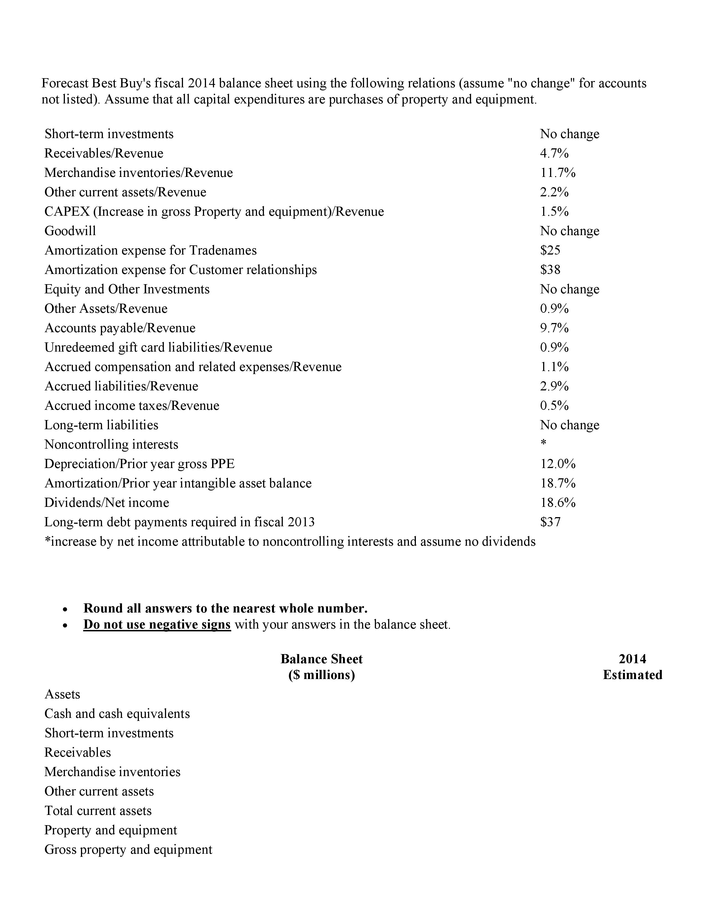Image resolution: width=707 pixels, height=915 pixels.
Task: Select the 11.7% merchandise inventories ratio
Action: point(558,173)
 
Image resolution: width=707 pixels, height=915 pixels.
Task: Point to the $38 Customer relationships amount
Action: point(550,270)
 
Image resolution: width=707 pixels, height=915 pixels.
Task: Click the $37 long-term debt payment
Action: point(550,522)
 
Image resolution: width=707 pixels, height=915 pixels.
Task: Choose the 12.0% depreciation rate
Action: point(558,464)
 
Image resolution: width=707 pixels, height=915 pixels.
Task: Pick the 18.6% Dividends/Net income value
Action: point(558,502)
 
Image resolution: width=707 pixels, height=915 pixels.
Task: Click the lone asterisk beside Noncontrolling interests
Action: point(543,443)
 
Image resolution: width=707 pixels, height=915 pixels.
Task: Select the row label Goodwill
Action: point(70,231)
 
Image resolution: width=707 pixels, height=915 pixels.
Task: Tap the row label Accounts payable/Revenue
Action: point(120,328)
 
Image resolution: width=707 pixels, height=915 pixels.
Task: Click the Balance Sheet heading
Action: point(321,659)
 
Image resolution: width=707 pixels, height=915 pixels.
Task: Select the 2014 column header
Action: point(632,659)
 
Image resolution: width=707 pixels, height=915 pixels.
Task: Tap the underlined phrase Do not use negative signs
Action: point(157,625)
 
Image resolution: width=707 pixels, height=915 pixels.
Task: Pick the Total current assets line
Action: point(98,811)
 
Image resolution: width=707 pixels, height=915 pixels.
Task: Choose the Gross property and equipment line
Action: point(128,849)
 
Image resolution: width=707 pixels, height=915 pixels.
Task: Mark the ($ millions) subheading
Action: point(321,675)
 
